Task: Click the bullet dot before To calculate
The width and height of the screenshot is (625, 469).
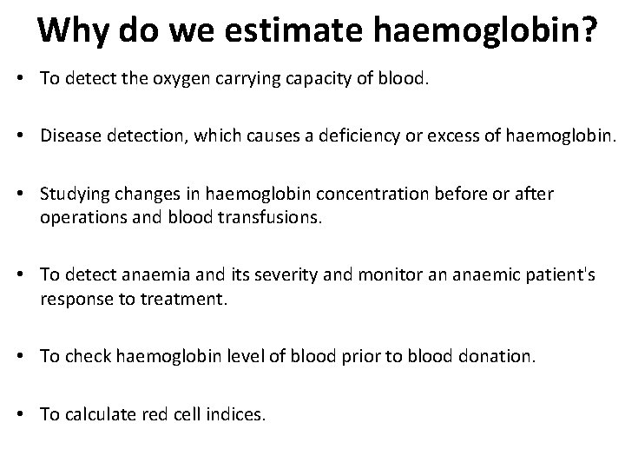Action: click(29, 414)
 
